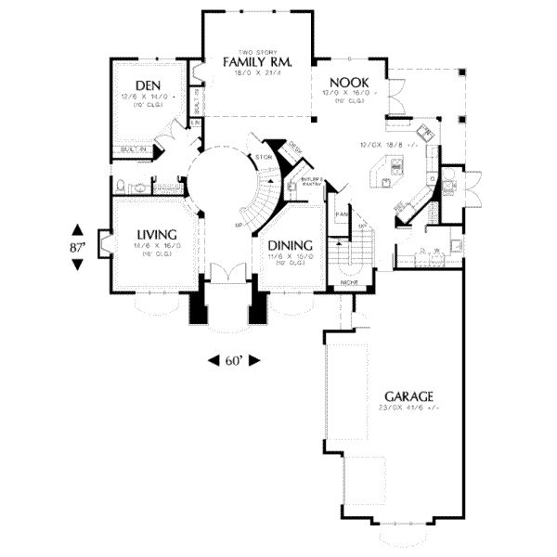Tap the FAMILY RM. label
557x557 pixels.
point(257,61)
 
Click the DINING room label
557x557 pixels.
point(290,246)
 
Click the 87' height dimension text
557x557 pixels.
point(78,248)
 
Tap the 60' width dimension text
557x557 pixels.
point(231,360)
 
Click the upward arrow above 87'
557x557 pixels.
point(78,230)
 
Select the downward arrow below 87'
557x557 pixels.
point(78,266)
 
